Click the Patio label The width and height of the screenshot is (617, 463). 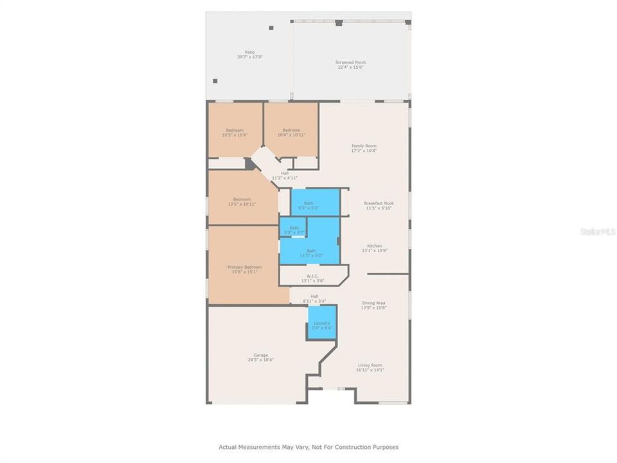(249, 55)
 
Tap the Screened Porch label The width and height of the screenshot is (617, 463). (350, 64)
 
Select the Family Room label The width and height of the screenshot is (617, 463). (364, 148)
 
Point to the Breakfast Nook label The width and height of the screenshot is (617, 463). (379, 206)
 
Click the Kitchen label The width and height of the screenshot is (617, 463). (375, 248)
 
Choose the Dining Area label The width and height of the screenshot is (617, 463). (373, 305)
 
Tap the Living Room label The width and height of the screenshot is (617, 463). (370, 367)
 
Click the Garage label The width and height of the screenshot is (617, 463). (260, 358)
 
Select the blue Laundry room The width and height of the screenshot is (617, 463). (322, 325)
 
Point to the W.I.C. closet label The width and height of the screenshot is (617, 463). (313, 278)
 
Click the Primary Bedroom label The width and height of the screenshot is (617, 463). (245, 269)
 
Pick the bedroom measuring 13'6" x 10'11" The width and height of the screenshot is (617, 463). (242, 201)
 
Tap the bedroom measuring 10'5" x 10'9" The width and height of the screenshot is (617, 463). (235, 132)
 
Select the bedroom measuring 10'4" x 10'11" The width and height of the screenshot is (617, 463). (292, 132)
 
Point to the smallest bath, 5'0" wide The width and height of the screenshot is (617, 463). (294, 228)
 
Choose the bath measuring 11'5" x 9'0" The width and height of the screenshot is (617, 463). (311, 253)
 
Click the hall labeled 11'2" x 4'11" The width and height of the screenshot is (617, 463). (284, 176)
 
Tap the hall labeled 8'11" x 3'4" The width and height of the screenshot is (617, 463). (314, 298)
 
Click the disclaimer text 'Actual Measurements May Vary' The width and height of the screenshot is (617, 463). (308, 447)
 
